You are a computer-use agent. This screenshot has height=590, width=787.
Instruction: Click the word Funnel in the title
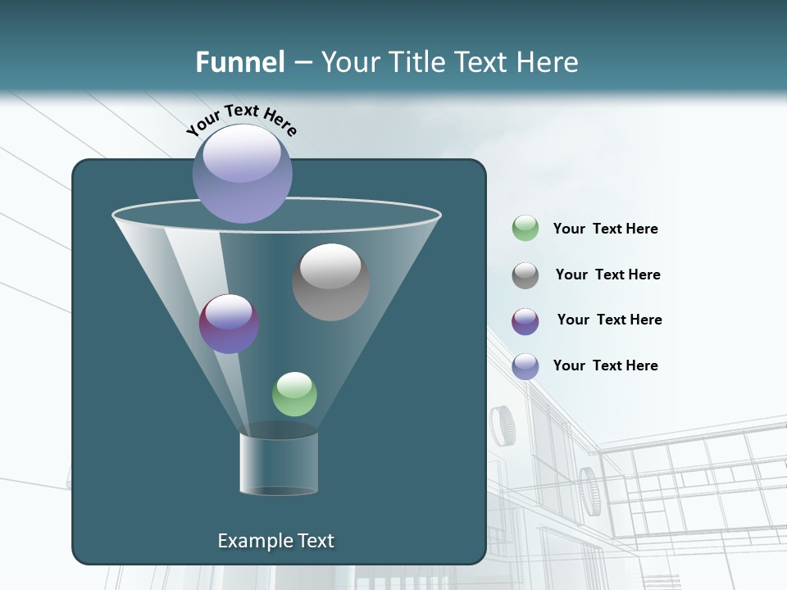pyautogui.click(x=240, y=62)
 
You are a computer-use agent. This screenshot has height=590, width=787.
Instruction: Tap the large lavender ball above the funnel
pyautogui.click(x=243, y=173)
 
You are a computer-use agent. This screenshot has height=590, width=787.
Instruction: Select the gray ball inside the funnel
pyautogui.click(x=330, y=282)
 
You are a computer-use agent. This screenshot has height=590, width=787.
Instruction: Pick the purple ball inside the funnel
pyautogui.click(x=229, y=324)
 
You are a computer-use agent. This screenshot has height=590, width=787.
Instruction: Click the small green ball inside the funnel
pyautogui.click(x=294, y=394)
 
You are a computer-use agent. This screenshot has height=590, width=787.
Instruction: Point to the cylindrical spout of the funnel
pyautogui.click(x=279, y=464)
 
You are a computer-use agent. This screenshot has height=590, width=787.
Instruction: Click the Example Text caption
pyautogui.click(x=275, y=541)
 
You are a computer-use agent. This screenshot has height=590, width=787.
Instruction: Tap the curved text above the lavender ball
pyautogui.click(x=241, y=119)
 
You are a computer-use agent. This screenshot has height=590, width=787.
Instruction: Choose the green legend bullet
pyautogui.click(x=525, y=229)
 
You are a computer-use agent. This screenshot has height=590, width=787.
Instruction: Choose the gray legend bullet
pyautogui.click(x=525, y=275)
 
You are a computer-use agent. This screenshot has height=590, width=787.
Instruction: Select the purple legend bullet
pyautogui.click(x=525, y=321)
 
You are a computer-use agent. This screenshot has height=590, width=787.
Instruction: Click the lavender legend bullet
pyautogui.click(x=525, y=366)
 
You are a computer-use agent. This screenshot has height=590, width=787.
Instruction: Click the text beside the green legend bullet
pyautogui.click(x=605, y=229)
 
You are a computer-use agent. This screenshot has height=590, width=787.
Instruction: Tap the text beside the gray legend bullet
pyautogui.click(x=607, y=275)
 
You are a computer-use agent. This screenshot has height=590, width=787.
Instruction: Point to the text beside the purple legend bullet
pyautogui.click(x=609, y=320)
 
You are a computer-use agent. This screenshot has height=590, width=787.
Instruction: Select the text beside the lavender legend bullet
pyautogui.click(x=605, y=365)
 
